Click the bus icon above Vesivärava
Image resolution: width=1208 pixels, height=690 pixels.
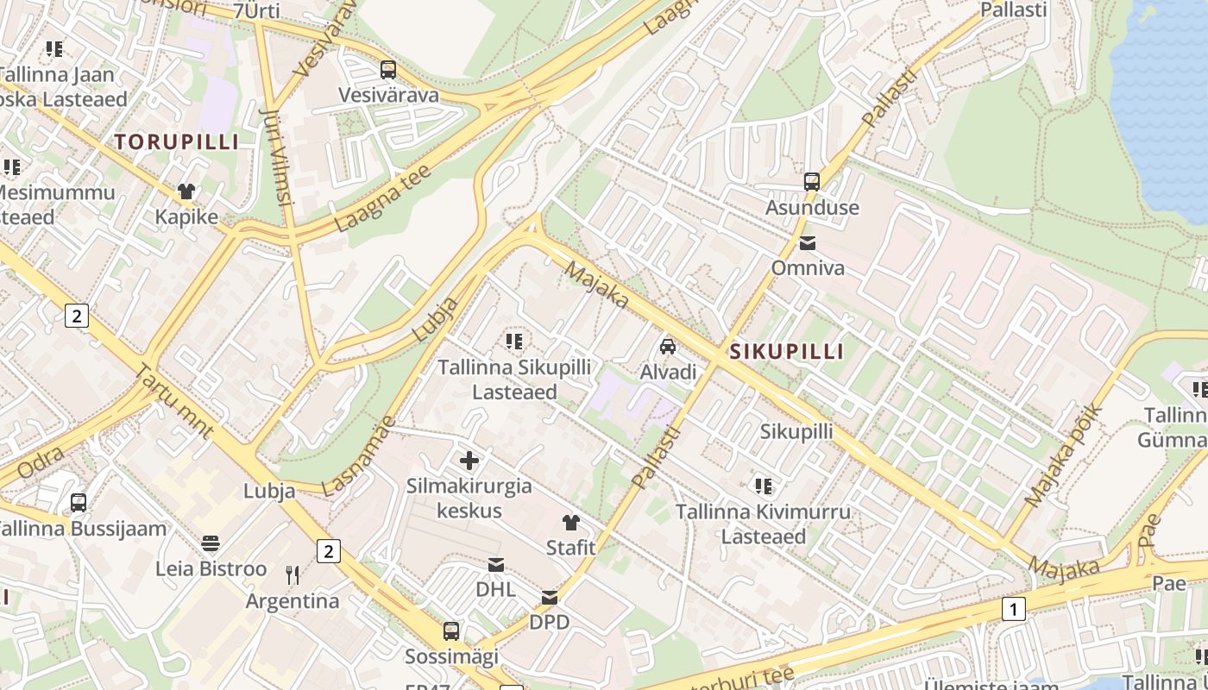click(x=388, y=70)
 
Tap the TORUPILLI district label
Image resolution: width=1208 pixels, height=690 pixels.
click(x=177, y=142)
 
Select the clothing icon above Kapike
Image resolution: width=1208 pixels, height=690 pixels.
click(x=186, y=191)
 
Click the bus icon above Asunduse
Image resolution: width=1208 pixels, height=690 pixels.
click(x=812, y=182)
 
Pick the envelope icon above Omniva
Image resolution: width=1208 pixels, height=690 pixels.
click(x=808, y=243)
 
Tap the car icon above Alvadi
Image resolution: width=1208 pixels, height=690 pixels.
click(x=668, y=347)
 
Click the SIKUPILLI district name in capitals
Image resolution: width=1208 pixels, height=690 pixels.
click(x=787, y=352)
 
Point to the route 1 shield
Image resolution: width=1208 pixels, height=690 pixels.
click(x=1014, y=609)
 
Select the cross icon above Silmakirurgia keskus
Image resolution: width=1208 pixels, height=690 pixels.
click(x=469, y=461)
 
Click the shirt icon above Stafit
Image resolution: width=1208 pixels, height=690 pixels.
click(x=571, y=523)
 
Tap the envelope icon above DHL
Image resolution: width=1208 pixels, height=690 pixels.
click(x=496, y=565)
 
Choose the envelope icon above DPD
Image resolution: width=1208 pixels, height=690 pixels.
click(x=550, y=597)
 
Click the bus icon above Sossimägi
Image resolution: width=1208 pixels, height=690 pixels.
click(x=451, y=631)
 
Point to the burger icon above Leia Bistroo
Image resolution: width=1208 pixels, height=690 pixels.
click(x=211, y=543)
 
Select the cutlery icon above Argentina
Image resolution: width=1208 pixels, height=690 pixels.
click(x=293, y=575)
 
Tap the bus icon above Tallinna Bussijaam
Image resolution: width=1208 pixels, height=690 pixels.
click(x=79, y=503)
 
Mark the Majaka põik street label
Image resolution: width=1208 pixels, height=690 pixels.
click(x=1064, y=455)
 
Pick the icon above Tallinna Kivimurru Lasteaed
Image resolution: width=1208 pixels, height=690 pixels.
click(x=763, y=486)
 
